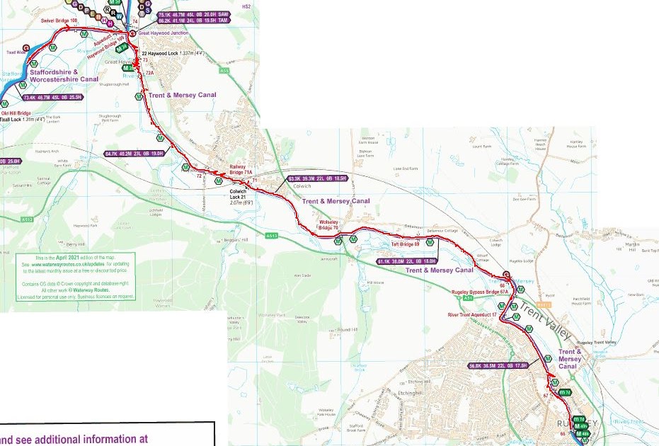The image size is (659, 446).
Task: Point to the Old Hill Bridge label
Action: (x=16, y=113)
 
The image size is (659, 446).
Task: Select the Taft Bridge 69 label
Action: (x=406, y=244)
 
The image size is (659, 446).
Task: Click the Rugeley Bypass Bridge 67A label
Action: (x=481, y=291)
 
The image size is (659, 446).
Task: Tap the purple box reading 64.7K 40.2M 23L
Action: (x=134, y=153)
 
